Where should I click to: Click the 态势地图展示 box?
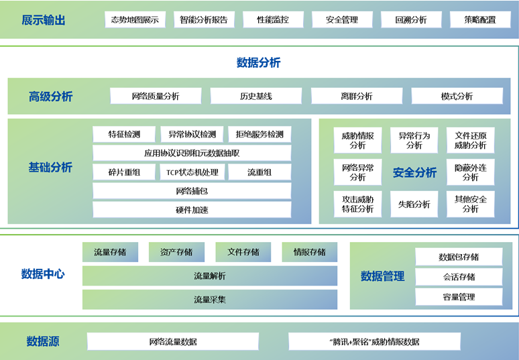(x=135, y=19)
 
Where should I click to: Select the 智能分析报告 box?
(x=204, y=19)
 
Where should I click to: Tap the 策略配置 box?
(x=480, y=19)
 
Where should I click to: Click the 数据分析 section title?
(x=259, y=63)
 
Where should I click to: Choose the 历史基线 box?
(x=256, y=96)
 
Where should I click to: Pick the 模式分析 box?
(x=457, y=96)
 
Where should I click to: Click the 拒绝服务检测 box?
(x=259, y=134)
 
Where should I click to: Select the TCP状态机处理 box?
(x=192, y=172)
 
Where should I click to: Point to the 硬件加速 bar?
(x=192, y=210)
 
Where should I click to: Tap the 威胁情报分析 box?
(x=357, y=140)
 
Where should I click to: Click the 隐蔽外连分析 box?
(x=470, y=172)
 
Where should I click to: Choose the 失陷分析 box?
(x=414, y=204)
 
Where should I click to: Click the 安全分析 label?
(x=414, y=172)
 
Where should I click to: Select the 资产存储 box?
(x=176, y=252)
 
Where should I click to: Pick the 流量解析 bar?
(x=210, y=276)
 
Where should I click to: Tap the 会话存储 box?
(x=459, y=276)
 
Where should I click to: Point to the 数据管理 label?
(x=383, y=276)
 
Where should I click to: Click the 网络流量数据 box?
(x=173, y=341)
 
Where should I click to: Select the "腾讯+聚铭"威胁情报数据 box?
(x=375, y=341)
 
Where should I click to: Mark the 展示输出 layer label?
(x=44, y=20)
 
